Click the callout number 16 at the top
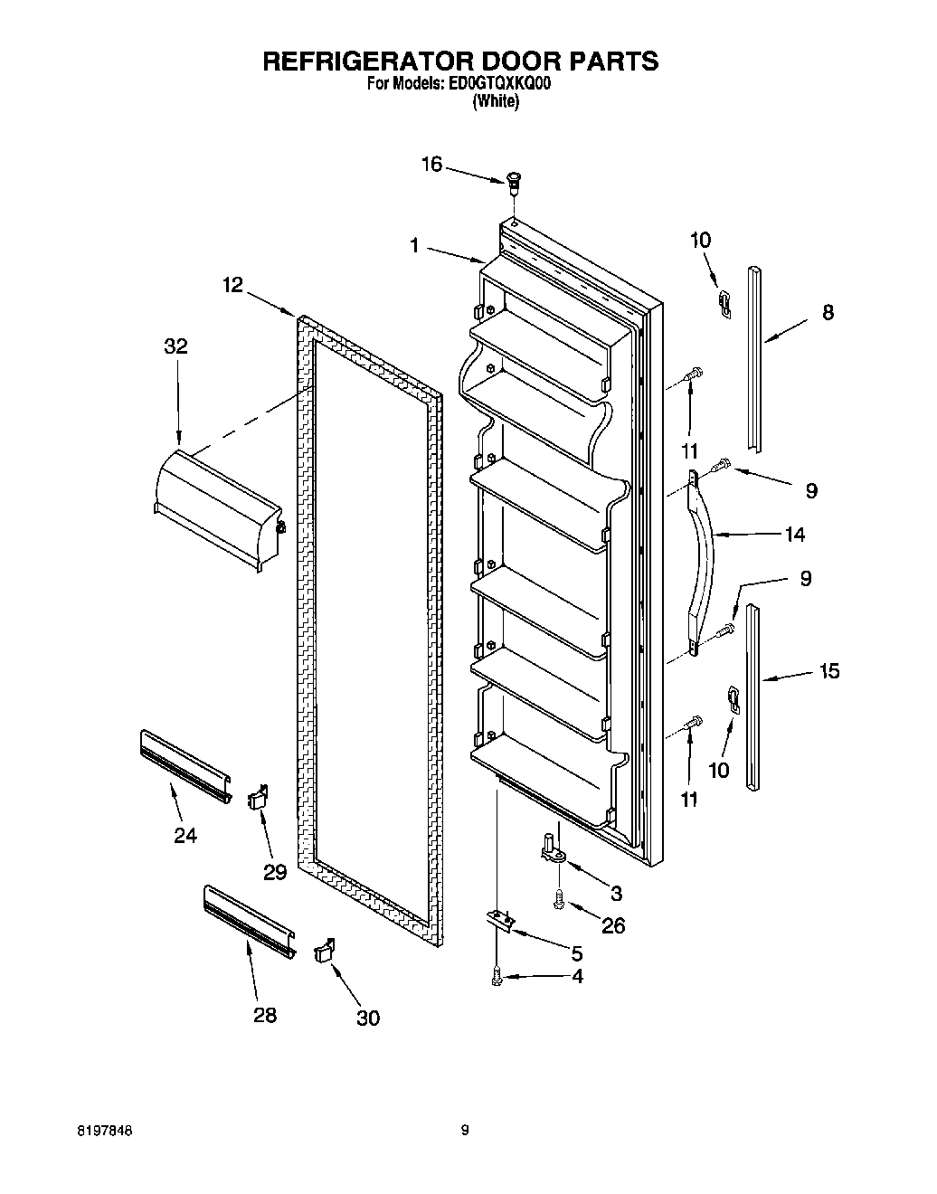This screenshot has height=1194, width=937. (432, 164)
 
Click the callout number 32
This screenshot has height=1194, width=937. (175, 346)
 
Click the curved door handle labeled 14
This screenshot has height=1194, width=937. (704, 561)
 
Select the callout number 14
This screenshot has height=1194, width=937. (794, 534)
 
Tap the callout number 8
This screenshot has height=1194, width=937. (828, 312)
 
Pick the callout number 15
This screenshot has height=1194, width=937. (828, 670)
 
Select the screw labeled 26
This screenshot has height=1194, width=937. (560, 899)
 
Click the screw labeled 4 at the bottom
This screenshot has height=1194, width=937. (496, 976)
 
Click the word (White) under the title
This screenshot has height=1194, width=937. (496, 101)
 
